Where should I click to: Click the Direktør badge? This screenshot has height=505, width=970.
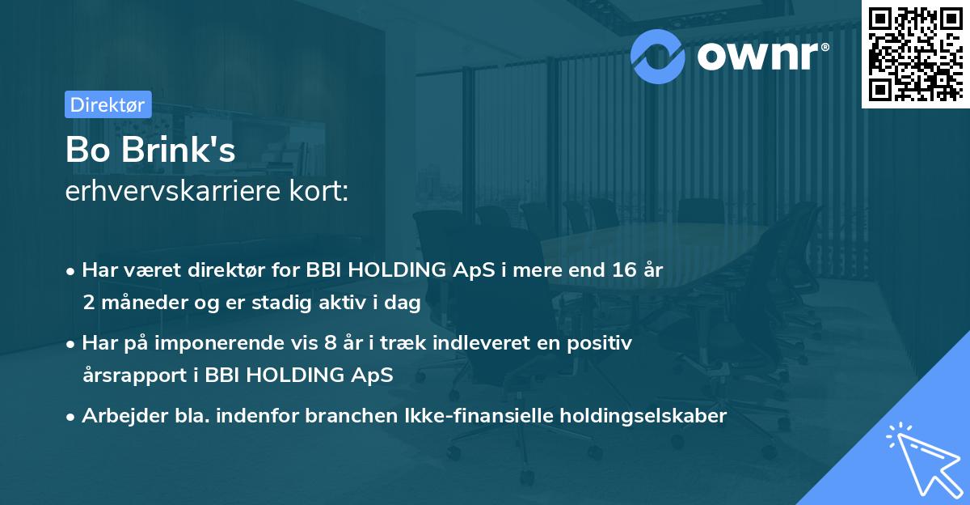[107, 104]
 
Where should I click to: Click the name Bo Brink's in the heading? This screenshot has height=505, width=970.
[150, 152]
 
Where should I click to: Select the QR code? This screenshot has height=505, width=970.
[914, 53]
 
